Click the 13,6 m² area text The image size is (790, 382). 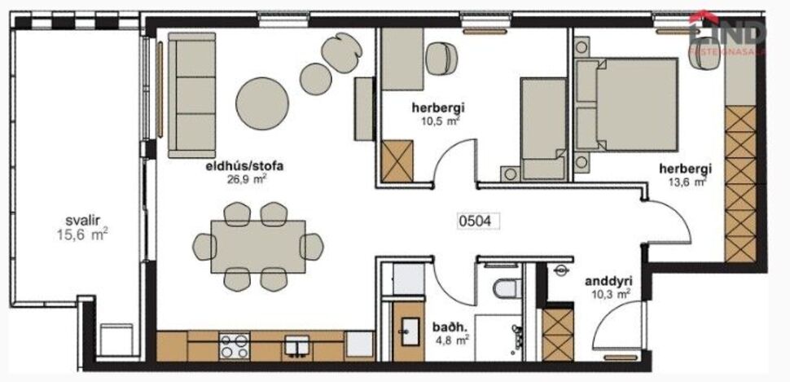click(685, 182)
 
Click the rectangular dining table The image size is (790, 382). click(257, 247)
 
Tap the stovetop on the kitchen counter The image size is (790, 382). click(234, 346)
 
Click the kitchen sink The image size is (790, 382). click(297, 346)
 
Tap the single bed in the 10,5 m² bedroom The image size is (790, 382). click(542, 128)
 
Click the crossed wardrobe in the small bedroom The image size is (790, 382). click(397, 160)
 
